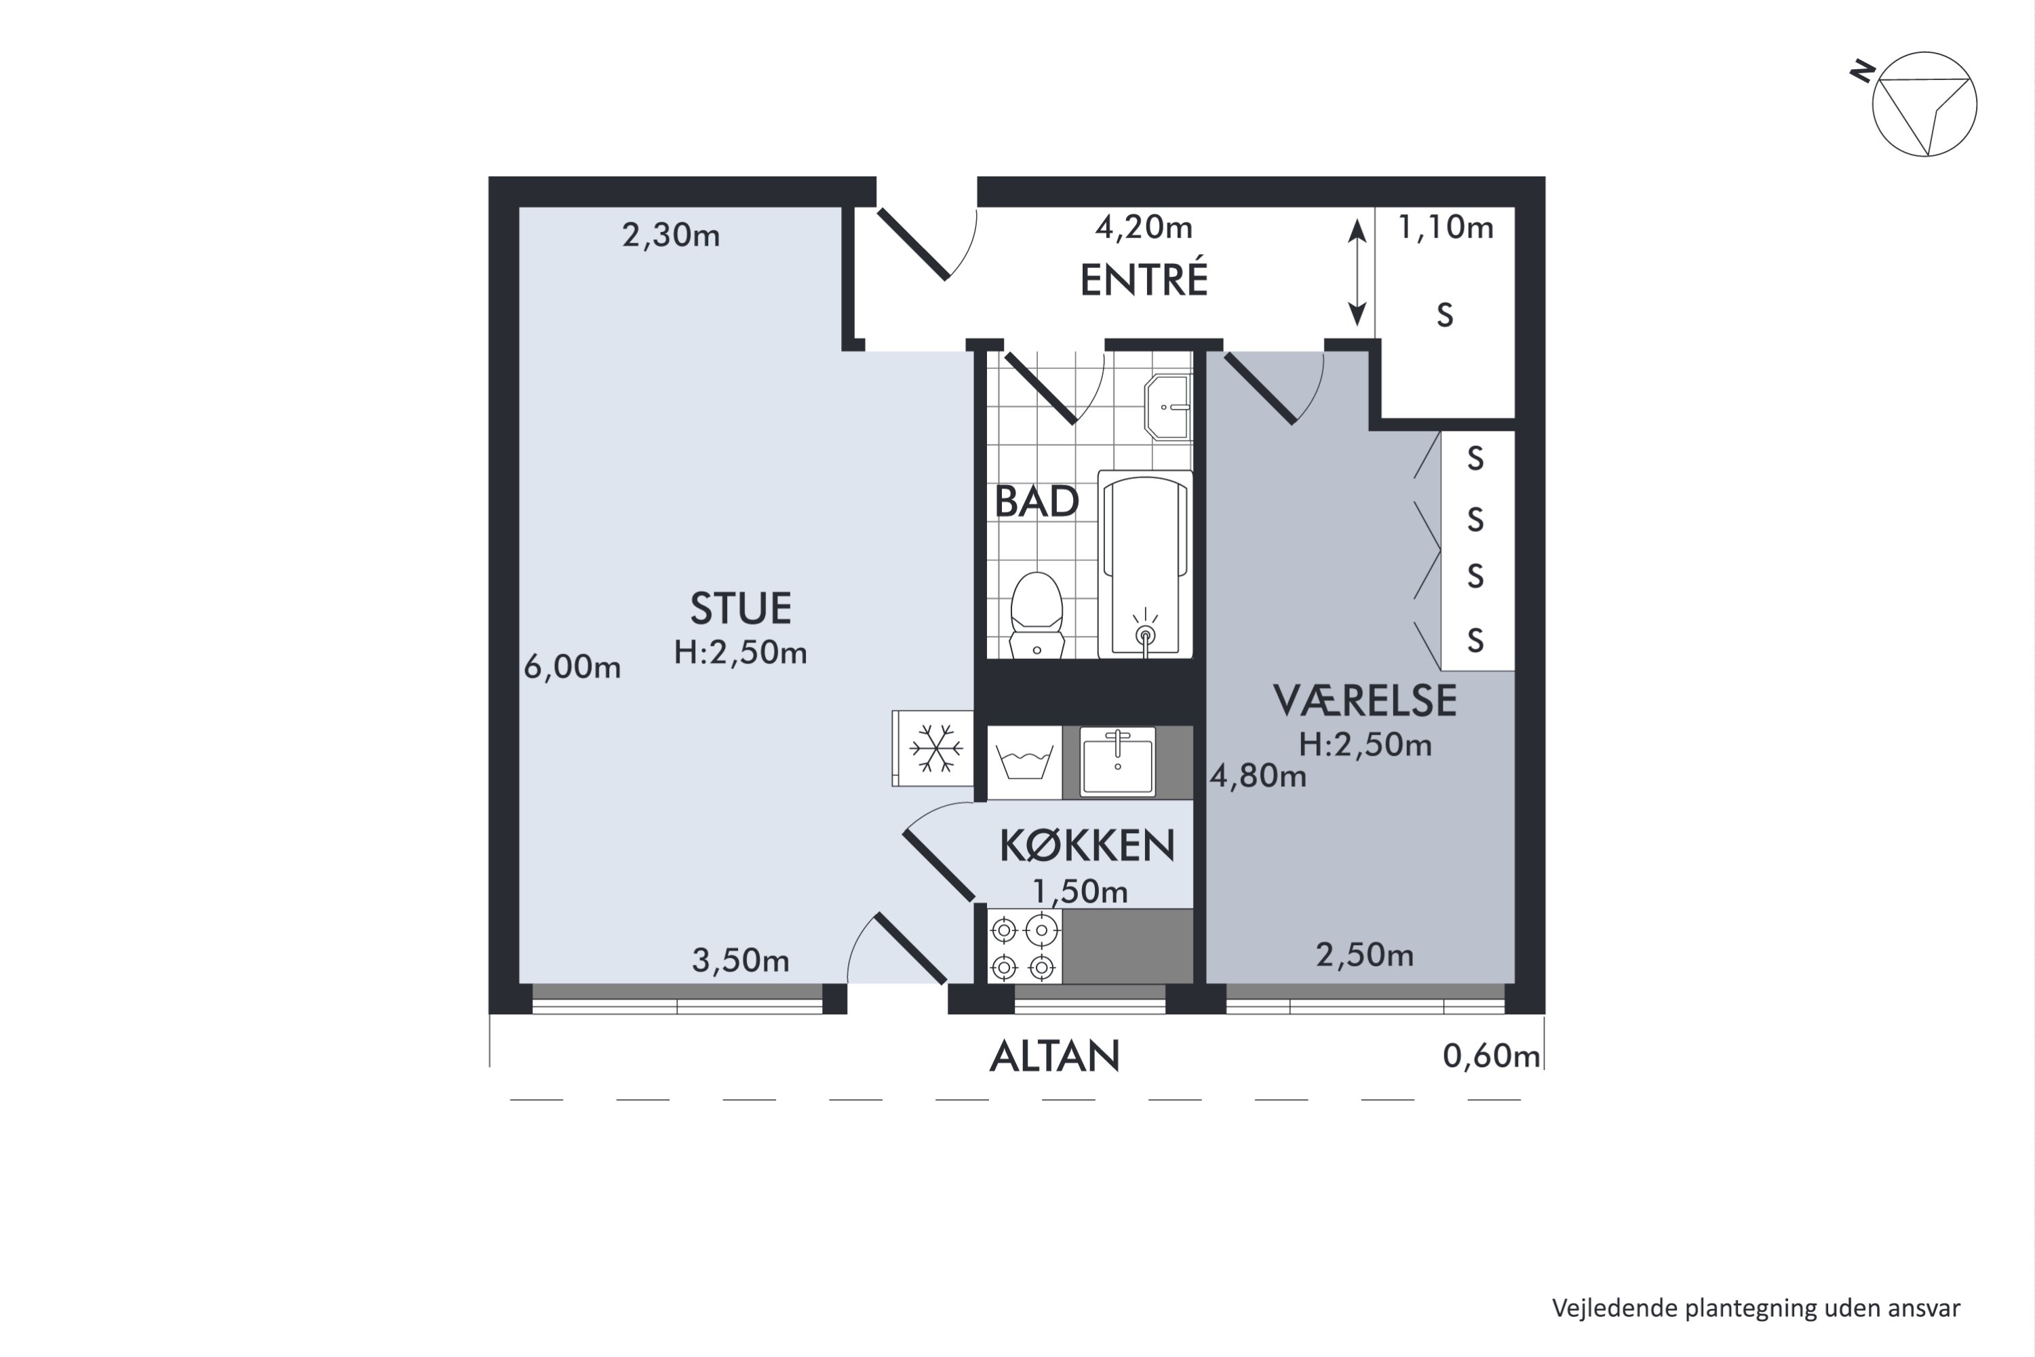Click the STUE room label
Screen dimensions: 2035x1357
[x=741, y=609]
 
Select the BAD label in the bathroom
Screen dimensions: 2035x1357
[x=1036, y=502]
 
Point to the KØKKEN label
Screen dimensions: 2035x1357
[x=1087, y=845]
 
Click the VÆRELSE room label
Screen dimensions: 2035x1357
[x=1364, y=701]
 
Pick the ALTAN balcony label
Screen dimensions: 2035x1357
[x=1055, y=1056]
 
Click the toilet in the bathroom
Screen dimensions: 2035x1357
[x=1036, y=615]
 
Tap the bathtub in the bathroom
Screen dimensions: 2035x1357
[x=1146, y=565]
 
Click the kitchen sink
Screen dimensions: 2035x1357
[x=1117, y=761]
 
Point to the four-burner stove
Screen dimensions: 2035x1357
[x=1024, y=945]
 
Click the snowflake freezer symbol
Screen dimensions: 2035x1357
[x=935, y=748]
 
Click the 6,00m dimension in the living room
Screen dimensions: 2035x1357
[x=572, y=666]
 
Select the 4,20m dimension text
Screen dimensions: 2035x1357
[x=1144, y=227]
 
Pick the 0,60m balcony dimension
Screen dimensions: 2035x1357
[x=1491, y=1056]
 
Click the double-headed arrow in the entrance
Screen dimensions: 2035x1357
[x=1357, y=273]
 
